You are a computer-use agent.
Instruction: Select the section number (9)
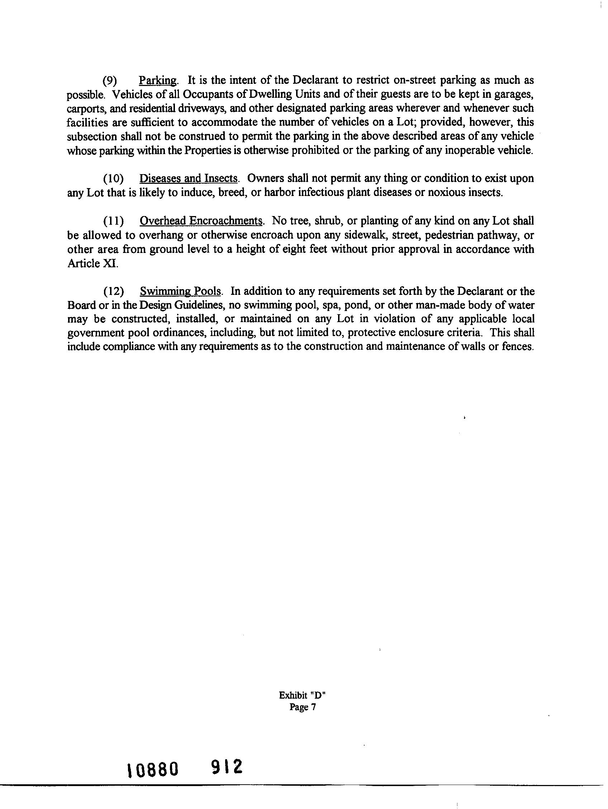point(110,81)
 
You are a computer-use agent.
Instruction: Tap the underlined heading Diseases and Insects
point(189,178)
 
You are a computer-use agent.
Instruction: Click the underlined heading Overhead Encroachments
point(201,221)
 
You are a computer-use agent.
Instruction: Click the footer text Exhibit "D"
point(302,695)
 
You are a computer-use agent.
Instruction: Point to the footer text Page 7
point(302,707)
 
